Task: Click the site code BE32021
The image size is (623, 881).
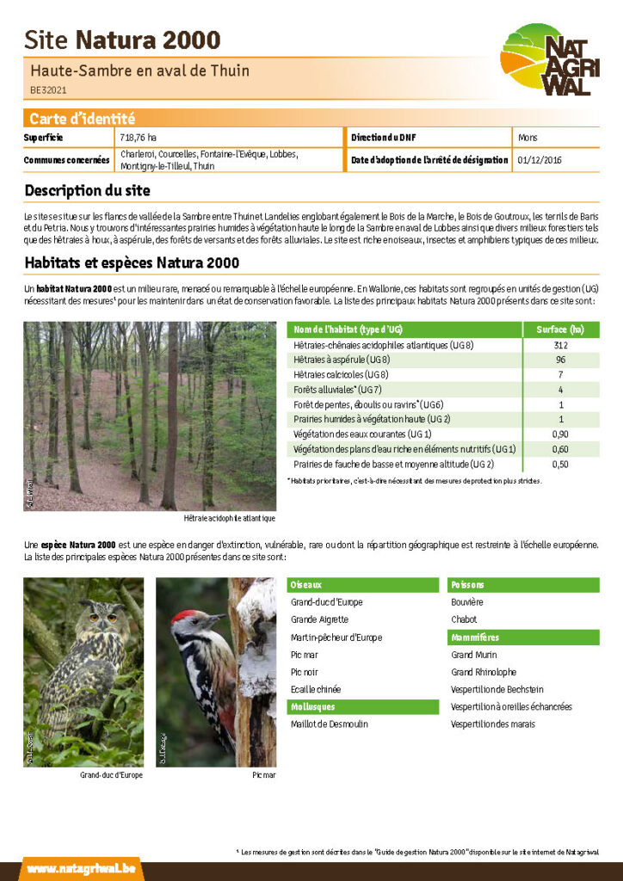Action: (x=48, y=89)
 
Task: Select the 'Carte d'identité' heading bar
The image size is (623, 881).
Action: (x=82, y=119)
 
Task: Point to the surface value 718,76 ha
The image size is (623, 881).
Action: (x=139, y=138)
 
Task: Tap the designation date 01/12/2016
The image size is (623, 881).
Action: (x=540, y=160)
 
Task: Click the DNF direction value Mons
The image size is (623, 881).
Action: (x=528, y=138)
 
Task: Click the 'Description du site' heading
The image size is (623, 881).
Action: (x=87, y=190)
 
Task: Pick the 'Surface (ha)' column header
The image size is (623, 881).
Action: (x=560, y=330)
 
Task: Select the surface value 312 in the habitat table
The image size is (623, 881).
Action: (x=560, y=345)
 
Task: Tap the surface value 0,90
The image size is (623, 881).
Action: (x=560, y=434)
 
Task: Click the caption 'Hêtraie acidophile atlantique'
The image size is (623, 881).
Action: (x=229, y=518)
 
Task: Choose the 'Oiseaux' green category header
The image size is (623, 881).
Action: (x=307, y=585)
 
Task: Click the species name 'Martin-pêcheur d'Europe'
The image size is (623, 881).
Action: (x=336, y=638)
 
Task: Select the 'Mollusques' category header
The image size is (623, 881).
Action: (x=313, y=707)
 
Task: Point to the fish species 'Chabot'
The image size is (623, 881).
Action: (x=464, y=619)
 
